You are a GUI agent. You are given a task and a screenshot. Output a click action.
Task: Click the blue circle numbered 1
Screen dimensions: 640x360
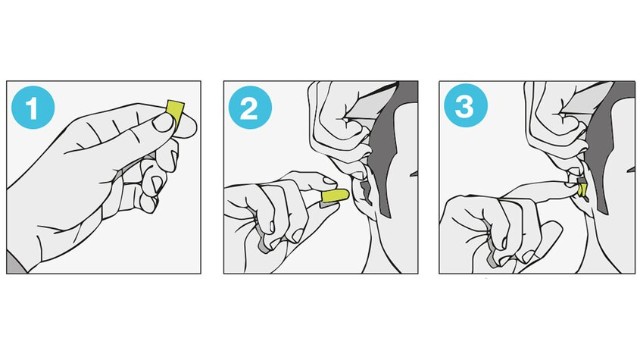click(x=33, y=108)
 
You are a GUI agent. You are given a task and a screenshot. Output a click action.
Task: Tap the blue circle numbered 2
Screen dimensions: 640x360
click(x=250, y=108)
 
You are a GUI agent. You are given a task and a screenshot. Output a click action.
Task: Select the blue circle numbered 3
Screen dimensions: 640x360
click(x=466, y=105)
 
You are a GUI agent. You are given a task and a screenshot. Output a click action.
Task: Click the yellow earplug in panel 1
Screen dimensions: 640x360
click(x=175, y=111)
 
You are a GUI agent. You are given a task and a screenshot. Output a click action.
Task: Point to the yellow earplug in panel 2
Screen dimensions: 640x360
click(x=335, y=196)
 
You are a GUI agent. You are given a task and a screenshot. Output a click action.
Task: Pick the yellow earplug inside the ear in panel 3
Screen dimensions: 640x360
click(x=582, y=190)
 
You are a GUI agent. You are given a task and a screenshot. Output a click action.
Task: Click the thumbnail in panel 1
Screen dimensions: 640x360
click(x=164, y=122)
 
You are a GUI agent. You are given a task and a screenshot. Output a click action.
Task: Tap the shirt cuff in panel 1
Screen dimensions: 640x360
click(x=15, y=263)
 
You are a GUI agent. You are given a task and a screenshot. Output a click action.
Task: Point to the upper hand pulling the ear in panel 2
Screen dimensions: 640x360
click(x=342, y=123)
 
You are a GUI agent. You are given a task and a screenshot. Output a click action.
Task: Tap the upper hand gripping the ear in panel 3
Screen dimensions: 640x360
click(x=559, y=123)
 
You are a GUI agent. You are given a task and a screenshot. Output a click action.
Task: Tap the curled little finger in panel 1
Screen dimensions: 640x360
click(x=149, y=203)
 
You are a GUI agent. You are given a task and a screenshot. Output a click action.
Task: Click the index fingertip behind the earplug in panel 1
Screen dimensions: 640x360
click(x=187, y=126)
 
